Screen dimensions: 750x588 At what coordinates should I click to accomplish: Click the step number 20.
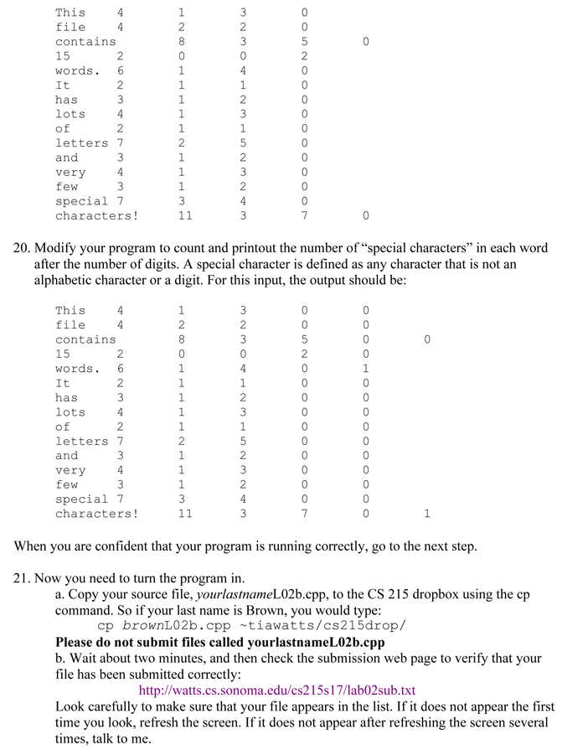pyautogui.click(x=22, y=249)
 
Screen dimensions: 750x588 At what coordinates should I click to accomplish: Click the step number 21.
pyautogui.click(x=22, y=578)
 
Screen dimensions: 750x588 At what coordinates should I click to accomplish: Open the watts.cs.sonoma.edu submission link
pyautogui.click(x=276, y=691)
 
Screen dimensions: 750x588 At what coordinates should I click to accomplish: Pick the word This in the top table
pyautogui.click(x=70, y=13)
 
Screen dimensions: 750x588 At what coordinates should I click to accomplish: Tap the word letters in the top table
pyautogui.click(x=81, y=142)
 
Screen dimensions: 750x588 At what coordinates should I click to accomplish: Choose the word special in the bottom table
pyautogui.click(x=81, y=499)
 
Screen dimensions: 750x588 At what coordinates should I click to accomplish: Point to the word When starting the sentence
pyautogui.click(x=31, y=546)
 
